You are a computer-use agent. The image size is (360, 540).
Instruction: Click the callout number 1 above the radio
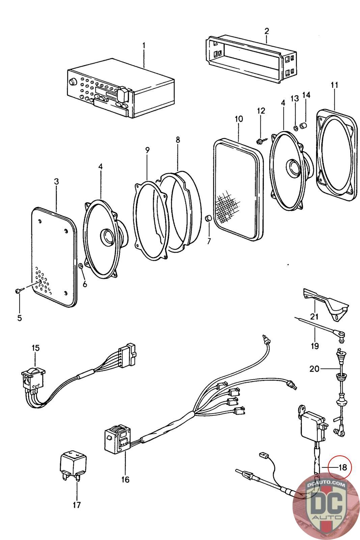[x=144, y=45]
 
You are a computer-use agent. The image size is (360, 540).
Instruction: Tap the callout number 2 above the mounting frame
[x=267, y=31]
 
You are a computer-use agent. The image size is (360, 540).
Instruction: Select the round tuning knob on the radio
[x=72, y=82]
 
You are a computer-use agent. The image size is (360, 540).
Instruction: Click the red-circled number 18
[x=342, y=467]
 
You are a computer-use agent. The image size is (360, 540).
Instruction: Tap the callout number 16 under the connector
[x=125, y=479]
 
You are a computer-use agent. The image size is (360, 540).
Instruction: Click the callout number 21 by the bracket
[x=314, y=316]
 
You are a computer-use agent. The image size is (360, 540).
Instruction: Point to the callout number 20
[x=314, y=369]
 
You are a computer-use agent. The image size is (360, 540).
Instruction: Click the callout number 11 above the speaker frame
[x=334, y=85]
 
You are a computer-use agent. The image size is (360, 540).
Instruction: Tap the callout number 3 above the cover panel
[x=56, y=181]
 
